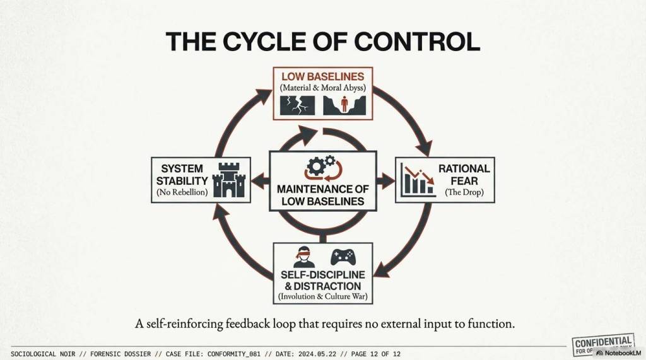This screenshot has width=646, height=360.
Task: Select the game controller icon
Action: [343, 257]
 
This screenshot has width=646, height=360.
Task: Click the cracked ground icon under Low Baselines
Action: [297, 105]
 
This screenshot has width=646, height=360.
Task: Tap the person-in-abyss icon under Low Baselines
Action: [341, 105]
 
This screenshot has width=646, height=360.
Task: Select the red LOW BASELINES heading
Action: [322, 76]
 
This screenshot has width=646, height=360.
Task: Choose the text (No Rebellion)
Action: [181, 192]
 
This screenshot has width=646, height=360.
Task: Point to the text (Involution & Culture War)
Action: [322, 296]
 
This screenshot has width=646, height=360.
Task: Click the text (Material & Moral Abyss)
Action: [322, 88]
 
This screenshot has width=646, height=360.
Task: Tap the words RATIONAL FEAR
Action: [464, 175]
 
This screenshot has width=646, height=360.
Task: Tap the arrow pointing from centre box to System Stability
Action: [259, 180]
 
